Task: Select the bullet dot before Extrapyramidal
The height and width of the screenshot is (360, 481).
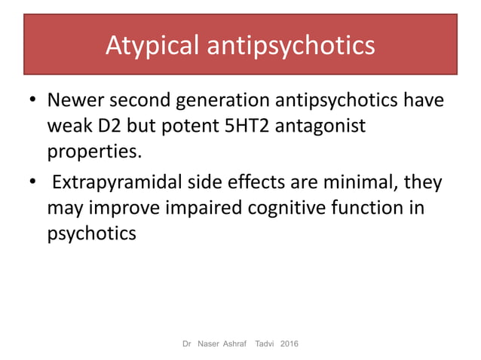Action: pyautogui.click(x=32, y=184)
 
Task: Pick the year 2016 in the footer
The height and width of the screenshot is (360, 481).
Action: pyautogui.click(x=289, y=344)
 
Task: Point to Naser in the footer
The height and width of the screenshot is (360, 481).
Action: pyautogui.click(x=208, y=344)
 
